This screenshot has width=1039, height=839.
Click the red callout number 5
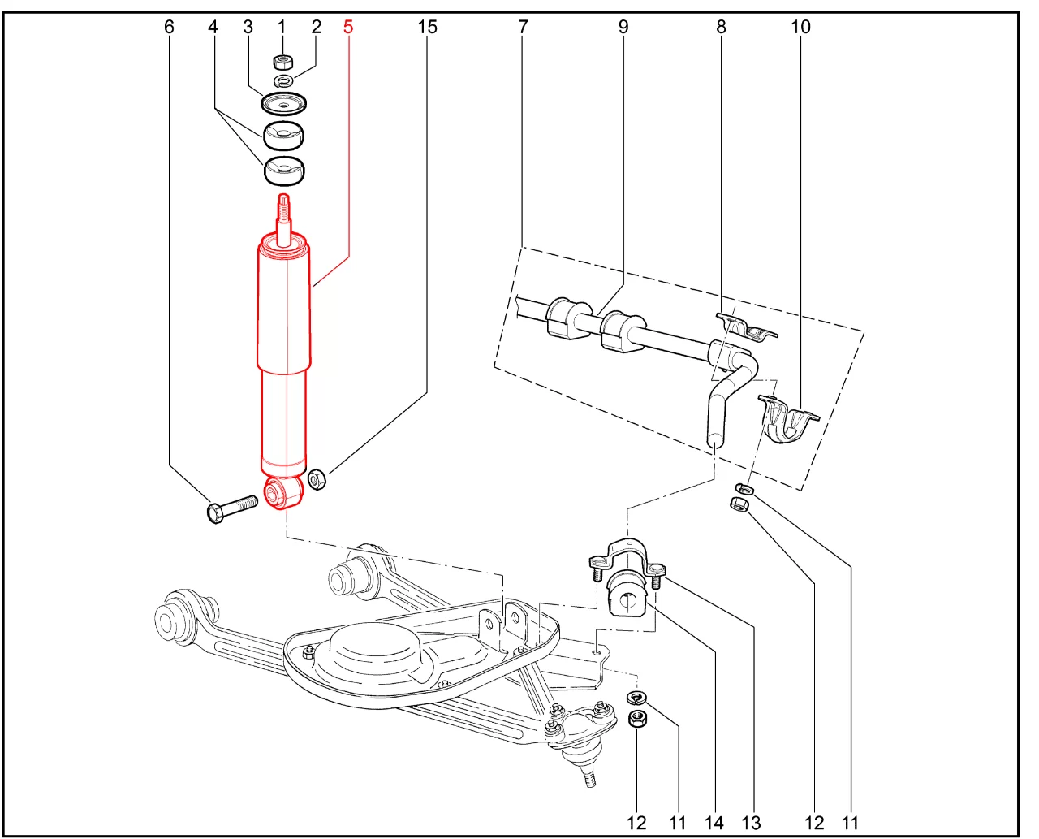click(347, 27)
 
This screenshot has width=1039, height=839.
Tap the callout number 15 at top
click(427, 27)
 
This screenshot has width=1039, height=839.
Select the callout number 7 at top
click(523, 27)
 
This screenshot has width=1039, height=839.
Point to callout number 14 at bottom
click(714, 823)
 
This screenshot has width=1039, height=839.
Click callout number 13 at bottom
click(751, 823)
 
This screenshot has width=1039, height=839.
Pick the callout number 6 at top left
click(169, 27)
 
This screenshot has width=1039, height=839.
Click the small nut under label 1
click(282, 62)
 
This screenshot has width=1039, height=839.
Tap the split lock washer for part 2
click(283, 80)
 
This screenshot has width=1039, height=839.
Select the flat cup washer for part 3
click(284, 104)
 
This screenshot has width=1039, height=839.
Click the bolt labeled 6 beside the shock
click(232, 509)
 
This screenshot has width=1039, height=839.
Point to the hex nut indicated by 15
click(317, 480)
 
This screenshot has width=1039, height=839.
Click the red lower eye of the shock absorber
click(283, 493)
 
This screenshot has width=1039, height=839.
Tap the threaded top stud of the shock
click(283, 214)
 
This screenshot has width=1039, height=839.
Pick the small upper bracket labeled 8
click(746, 327)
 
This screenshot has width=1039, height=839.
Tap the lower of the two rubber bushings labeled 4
click(284, 171)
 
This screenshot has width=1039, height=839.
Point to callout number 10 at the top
click(800, 27)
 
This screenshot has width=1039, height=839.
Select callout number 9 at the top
click(623, 27)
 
